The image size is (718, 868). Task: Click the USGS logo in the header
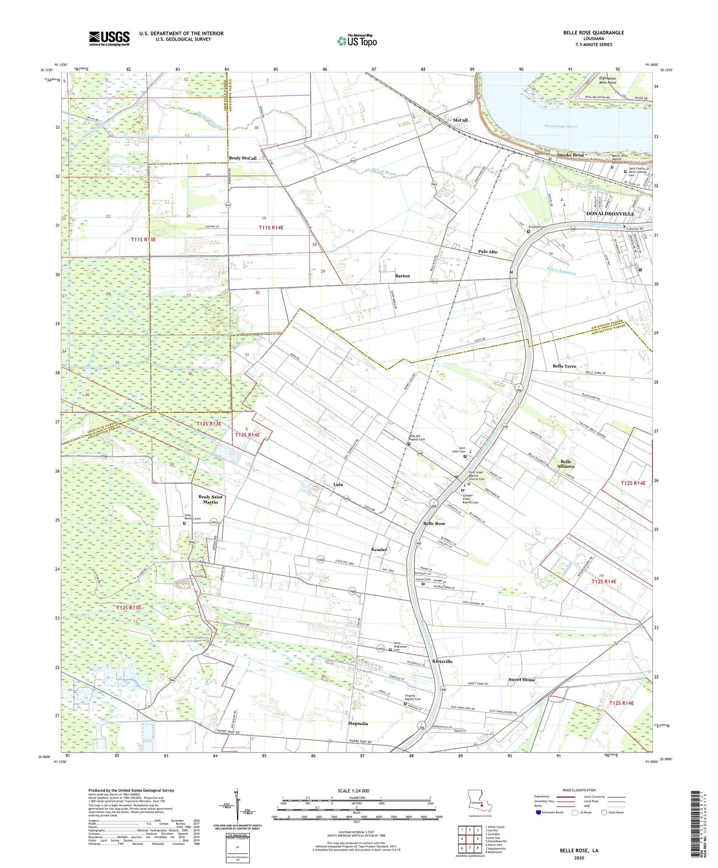click(109, 38)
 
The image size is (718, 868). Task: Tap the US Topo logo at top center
click(357, 41)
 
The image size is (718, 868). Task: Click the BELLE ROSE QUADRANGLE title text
click(594, 33)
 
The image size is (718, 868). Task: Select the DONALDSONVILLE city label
click(610, 214)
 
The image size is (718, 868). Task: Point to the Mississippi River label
click(561, 126)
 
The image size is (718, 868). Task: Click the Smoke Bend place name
click(570, 155)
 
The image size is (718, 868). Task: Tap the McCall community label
click(460, 120)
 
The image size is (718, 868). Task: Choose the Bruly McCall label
click(243, 158)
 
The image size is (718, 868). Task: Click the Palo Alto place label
click(488, 251)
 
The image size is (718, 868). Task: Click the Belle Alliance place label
click(566, 463)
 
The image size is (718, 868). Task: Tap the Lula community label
click(338, 485)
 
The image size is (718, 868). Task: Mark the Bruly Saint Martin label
click(211, 499)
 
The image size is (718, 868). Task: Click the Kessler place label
click(379, 550)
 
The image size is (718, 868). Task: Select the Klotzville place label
click(442, 661)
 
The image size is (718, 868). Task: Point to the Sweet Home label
click(522, 680)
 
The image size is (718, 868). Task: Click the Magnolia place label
click(358, 723)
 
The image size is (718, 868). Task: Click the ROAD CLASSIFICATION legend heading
click(579, 790)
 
